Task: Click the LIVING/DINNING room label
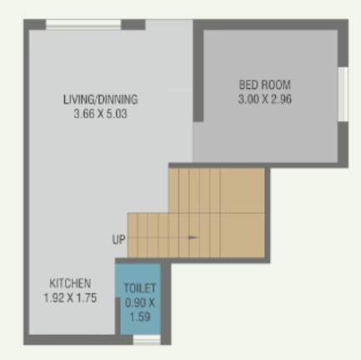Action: click(x=100, y=99)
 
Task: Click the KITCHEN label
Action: click(x=70, y=283)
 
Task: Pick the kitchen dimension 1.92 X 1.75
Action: click(x=70, y=297)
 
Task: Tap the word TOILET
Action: click(x=139, y=288)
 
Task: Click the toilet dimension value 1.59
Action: click(x=139, y=315)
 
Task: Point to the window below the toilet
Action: click(x=147, y=340)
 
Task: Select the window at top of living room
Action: click(x=83, y=24)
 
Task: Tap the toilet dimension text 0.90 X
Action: click(x=139, y=302)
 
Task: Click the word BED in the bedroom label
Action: click(x=248, y=85)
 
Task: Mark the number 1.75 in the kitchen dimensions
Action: click(x=85, y=297)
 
